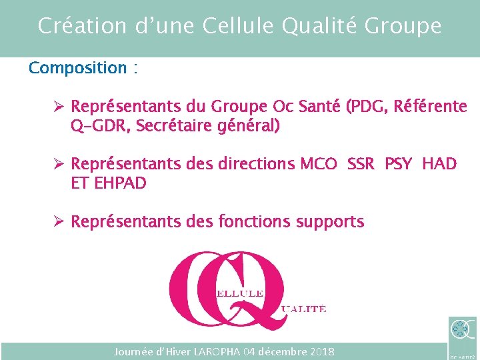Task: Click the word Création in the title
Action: tap(73, 26)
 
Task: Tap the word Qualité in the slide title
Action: tap(317, 26)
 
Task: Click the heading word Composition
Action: tap(77, 68)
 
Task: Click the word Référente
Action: tap(430, 107)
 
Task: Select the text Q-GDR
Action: tap(100, 126)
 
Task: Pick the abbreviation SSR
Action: tap(362, 164)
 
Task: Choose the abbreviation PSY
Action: tap(399, 164)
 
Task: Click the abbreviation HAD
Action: tap(439, 164)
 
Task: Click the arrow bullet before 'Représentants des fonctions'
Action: tap(59, 222)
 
